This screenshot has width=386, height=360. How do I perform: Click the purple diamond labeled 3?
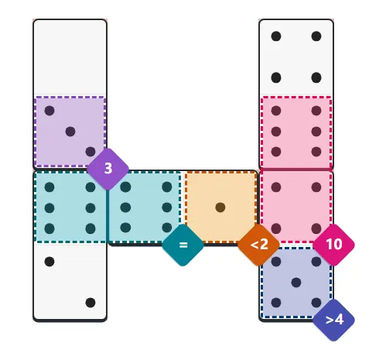[x=108, y=169]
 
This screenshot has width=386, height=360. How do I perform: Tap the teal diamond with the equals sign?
[x=183, y=245]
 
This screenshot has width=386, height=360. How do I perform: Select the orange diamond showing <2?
[x=258, y=245]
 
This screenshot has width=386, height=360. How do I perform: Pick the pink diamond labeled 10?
[x=333, y=245]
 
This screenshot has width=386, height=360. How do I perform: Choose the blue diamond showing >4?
[x=333, y=320]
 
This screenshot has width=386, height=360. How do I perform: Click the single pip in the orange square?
[x=220, y=207]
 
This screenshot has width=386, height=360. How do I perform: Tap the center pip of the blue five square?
[x=296, y=283]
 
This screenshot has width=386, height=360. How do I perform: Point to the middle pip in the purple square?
[x=70, y=132]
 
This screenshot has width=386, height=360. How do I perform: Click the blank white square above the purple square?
[x=70, y=57]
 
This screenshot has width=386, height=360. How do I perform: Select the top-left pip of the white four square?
[x=276, y=36]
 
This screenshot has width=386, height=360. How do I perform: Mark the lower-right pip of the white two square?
[x=91, y=303]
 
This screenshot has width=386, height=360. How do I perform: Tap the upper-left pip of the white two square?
[x=50, y=262]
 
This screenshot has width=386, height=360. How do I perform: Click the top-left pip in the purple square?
[x=50, y=111]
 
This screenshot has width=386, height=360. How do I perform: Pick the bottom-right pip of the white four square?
[x=316, y=77]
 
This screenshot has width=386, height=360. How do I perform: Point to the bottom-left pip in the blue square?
[x=276, y=303]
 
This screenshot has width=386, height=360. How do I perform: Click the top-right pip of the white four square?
[x=316, y=36]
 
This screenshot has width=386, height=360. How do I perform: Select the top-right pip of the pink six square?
[x=316, y=111]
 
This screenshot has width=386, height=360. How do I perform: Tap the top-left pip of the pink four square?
[x=276, y=187]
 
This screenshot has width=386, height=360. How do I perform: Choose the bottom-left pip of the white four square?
[x=276, y=77]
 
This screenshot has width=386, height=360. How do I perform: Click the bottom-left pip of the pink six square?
[x=276, y=152]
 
